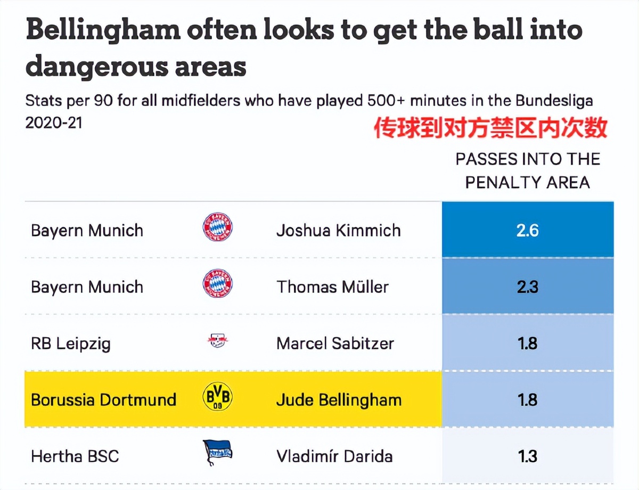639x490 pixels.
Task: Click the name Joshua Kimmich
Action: point(338,231)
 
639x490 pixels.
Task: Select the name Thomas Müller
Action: point(332,287)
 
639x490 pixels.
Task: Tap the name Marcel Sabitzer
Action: point(335,344)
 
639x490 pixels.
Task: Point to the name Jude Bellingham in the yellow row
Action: point(339,400)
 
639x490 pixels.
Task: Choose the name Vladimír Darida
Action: point(334,456)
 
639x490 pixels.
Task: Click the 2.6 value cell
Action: point(527,231)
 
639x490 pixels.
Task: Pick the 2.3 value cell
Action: point(527,287)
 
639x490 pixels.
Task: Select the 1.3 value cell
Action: point(527,456)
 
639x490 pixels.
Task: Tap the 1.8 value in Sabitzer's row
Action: point(527,344)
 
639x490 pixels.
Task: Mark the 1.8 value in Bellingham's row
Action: point(527,400)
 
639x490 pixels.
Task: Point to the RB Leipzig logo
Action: point(217,341)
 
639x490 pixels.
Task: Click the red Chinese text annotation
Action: point(490,128)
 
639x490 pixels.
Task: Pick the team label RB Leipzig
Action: point(71,344)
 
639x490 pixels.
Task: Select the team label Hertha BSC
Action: point(75,456)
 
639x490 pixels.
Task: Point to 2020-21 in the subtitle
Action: point(54,123)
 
